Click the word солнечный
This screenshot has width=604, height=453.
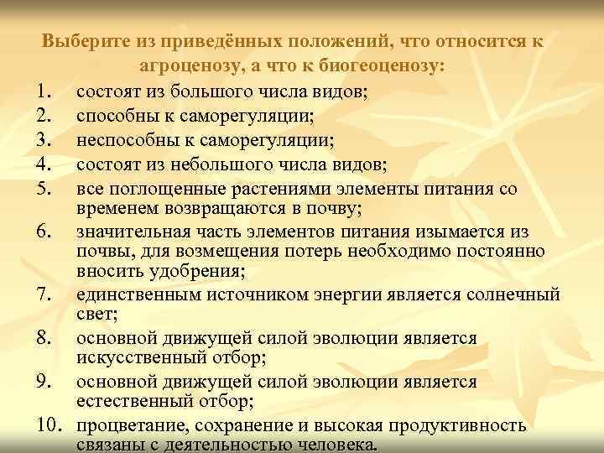(x=511, y=294)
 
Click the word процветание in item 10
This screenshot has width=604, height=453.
(x=129, y=425)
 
